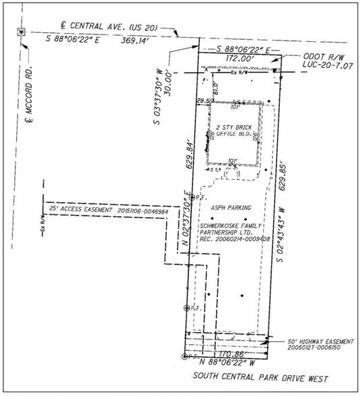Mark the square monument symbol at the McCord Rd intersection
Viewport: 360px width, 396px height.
point(22,32)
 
